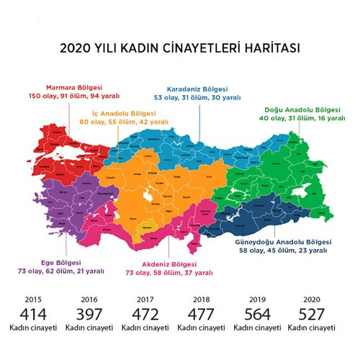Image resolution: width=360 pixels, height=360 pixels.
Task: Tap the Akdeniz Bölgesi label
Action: coord(168,264)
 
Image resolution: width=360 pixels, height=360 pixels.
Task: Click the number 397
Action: coord(89,314)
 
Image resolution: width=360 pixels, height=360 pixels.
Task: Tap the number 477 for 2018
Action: coord(202,314)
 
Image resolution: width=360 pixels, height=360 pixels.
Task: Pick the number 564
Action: coord(257,314)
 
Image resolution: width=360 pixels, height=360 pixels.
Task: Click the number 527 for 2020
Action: coord(313,314)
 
